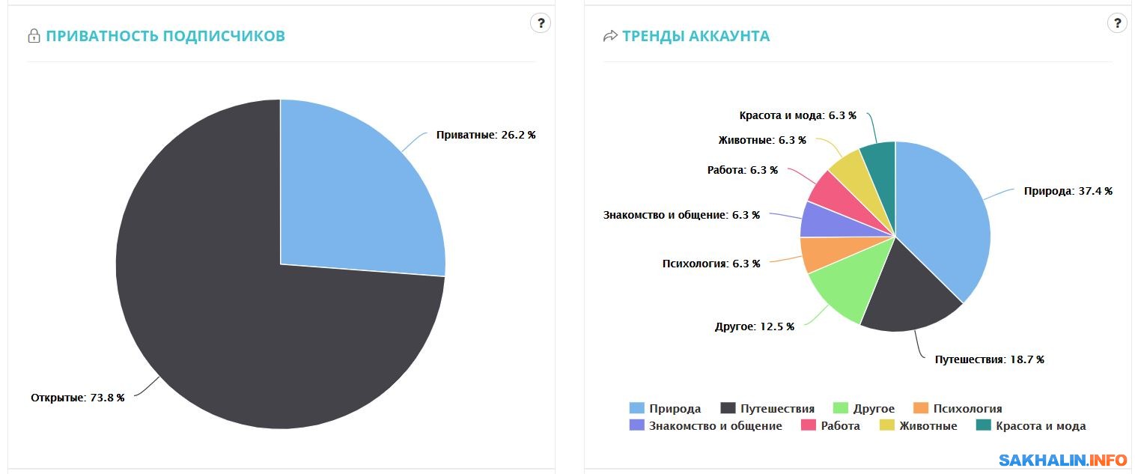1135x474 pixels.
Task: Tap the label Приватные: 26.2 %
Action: coord(486,136)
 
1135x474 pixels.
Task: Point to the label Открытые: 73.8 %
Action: coord(77,397)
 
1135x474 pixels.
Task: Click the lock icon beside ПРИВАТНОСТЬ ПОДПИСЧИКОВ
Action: coord(34,36)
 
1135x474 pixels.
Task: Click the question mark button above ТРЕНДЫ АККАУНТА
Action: coord(1117,23)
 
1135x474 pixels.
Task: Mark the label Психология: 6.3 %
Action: coord(710,264)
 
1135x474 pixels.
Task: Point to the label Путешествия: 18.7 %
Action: coord(989,359)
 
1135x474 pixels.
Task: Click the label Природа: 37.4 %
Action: coord(1068,191)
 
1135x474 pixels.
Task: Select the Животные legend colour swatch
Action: coord(886,426)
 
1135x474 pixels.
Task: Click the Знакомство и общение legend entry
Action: coord(715,426)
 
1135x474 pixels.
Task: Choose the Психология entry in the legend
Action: coord(967,409)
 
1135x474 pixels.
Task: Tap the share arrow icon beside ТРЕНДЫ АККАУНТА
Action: coord(610,36)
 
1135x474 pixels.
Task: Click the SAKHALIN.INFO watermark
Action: coord(1063,459)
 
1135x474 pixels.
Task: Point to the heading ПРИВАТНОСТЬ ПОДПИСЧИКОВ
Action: coord(165,36)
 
